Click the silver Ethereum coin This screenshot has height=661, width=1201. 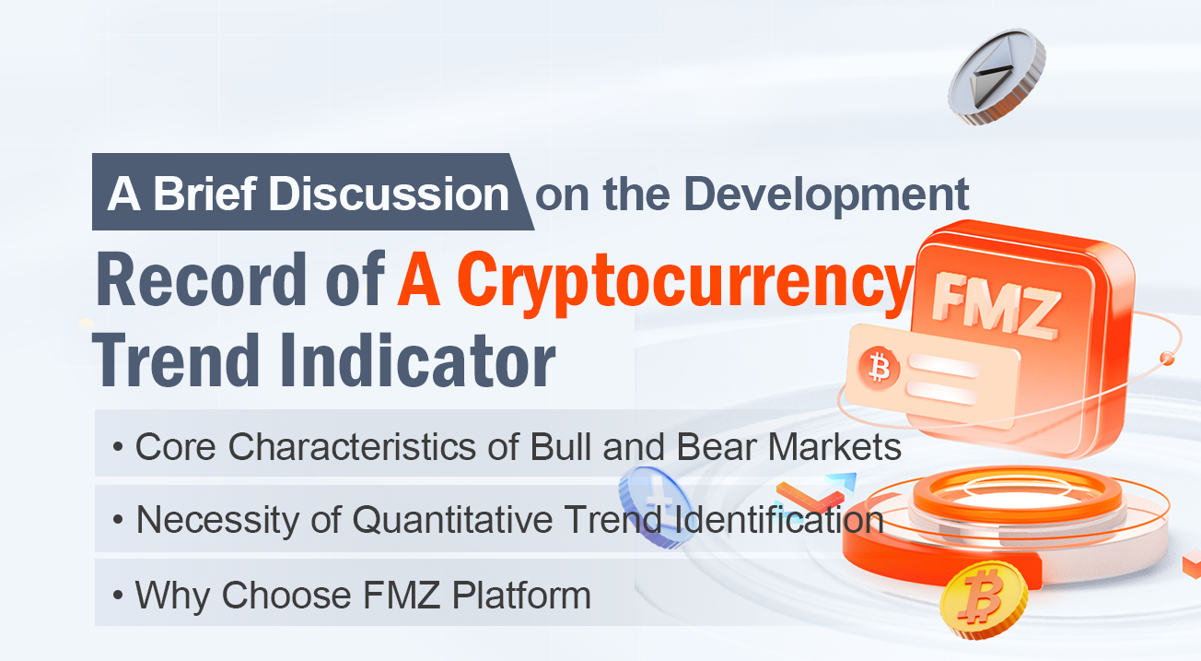click(x=997, y=77)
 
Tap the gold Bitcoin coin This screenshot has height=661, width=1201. click(x=984, y=600)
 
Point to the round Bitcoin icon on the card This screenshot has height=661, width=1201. click(x=879, y=368)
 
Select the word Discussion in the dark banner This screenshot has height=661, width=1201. click(x=389, y=194)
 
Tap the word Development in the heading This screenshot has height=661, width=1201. click(x=826, y=195)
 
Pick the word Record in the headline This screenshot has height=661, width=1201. click(x=201, y=279)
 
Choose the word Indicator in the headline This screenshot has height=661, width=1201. click(x=417, y=360)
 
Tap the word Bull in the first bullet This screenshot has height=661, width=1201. click(x=562, y=446)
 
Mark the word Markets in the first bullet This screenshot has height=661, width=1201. click(x=834, y=446)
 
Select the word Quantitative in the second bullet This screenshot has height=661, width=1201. click(x=452, y=519)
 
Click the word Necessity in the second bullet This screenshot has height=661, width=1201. click(x=217, y=520)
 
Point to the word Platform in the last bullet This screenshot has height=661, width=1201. click(x=521, y=595)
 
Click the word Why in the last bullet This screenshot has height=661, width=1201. click(x=172, y=596)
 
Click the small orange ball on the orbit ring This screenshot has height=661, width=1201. click(x=1166, y=358)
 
